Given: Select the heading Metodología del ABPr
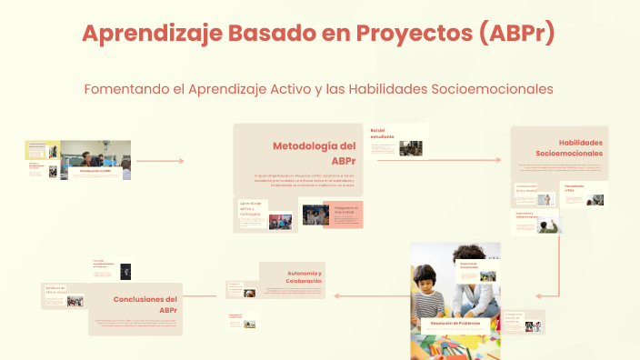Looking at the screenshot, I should point(314,153).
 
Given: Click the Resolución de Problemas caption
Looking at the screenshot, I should point(455,323).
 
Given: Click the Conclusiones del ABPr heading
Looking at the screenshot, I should point(145,305).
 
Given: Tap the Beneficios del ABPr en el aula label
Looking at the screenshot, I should point(54,288).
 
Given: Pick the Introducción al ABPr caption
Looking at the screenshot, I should point(95,170).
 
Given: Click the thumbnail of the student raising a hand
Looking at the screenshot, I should point(547,225).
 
